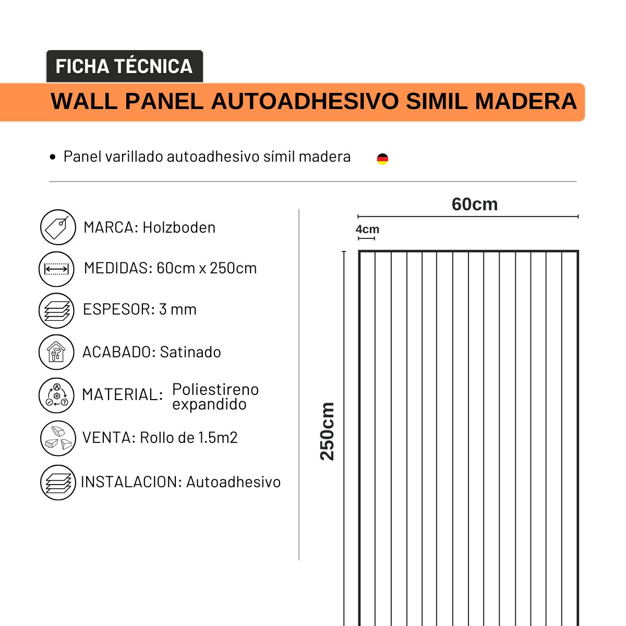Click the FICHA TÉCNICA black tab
pyautogui.click(x=124, y=66)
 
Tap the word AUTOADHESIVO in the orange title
pyautogui.click(x=305, y=101)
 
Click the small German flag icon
pyautogui.click(x=382, y=159)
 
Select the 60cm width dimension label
pyautogui.click(x=474, y=204)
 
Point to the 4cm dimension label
pyautogui.click(x=367, y=230)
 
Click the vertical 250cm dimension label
pyautogui.click(x=327, y=431)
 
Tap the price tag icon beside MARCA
pyautogui.click(x=58, y=227)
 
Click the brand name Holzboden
pyautogui.click(x=179, y=227)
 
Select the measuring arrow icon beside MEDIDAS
pyautogui.click(x=56, y=269)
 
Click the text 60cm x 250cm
pyautogui.click(x=207, y=268)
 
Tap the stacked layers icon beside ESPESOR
pyautogui.click(x=56, y=310)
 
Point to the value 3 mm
pyautogui.click(x=177, y=309)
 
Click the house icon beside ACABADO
pyautogui.click(x=56, y=352)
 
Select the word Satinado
pyautogui.click(x=190, y=352)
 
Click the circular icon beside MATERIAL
pyautogui.click(x=56, y=395)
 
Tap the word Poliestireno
pyautogui.click(x=215, y=389)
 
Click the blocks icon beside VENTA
pyautogui.click(x=58, y=438)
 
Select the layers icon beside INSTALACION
pyautogui.click(x=58, y=483)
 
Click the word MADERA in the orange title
pyautogui.click(x=525, y=101)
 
